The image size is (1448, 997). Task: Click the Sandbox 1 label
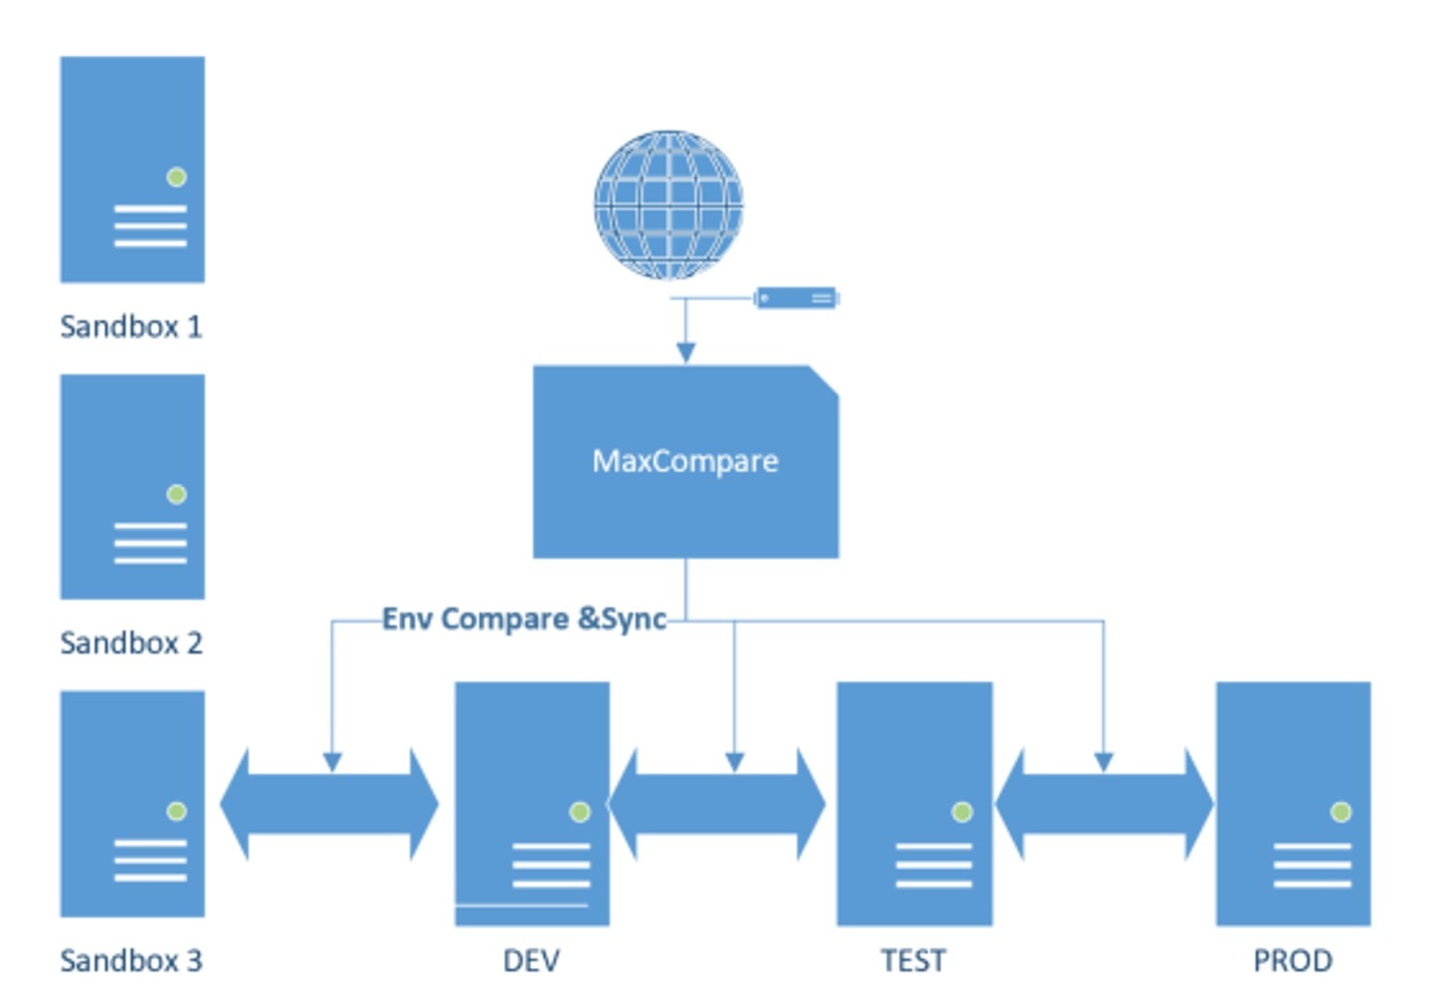pos(130,327)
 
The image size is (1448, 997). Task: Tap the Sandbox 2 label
pos(130,643)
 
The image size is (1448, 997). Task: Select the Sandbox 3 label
pos(130,961)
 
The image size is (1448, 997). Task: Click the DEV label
pos(531,961)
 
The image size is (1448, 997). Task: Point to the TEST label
pos(913,961)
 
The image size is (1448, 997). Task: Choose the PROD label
pos(1293,961)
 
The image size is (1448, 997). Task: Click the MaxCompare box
pos(685,462)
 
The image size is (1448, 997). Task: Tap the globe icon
pos(668,204)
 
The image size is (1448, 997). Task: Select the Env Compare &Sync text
pos(524,620)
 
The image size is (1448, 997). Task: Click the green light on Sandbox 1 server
pos(176,177)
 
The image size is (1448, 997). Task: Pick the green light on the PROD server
pos(1340,812)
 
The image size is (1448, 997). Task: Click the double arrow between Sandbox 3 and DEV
pos(329,805)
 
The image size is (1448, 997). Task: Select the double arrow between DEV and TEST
pos(716,805)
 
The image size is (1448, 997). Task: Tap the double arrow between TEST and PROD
pos(1103,805)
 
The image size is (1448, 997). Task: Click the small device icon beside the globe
pos(796,298)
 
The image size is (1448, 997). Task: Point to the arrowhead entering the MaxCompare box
pos(685,353)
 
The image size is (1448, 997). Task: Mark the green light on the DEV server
pos(579,812)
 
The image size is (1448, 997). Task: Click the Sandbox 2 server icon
pos(132,487)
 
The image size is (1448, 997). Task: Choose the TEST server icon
pos(914,804)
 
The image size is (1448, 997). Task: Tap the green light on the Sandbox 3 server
pos(176,811)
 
